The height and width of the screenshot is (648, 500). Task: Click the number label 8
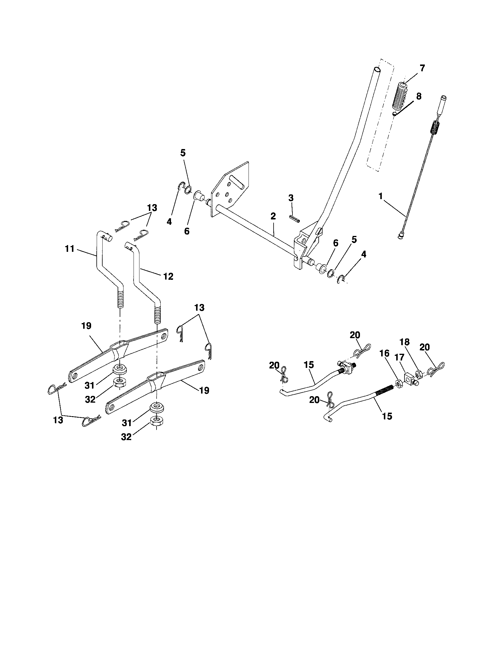click(x=418, y=97)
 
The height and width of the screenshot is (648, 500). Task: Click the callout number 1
click(x=381, y=196)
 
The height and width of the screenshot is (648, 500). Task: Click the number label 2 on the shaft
click(x=273, y=216)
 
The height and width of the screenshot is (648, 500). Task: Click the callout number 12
click(x=168, y=276)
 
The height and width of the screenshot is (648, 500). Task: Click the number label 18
click(x=405, y=342)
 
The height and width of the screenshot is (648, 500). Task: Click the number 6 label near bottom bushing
click(x=335, y=243)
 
